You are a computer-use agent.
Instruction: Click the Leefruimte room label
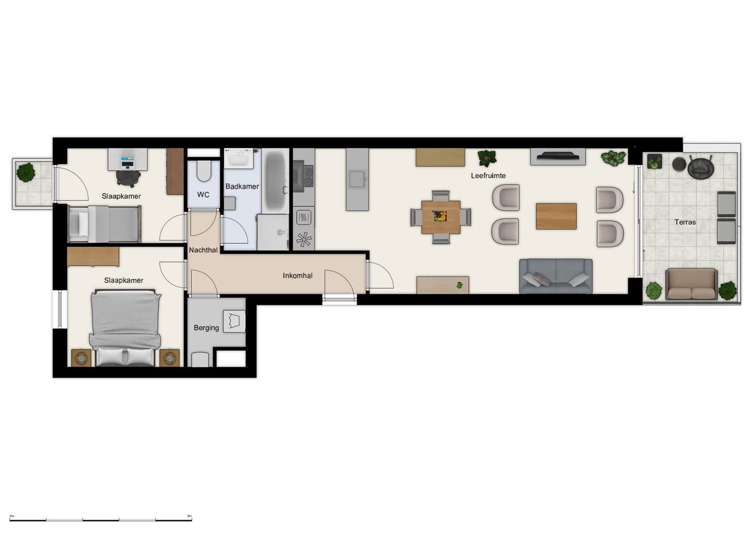click(488, 176)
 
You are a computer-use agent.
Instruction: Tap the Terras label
click(685, 222)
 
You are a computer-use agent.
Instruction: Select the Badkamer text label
click(242, 187)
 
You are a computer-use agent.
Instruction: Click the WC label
click(203, 195)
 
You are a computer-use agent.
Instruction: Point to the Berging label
click(206, 328)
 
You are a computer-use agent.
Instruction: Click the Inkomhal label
click(297, 275)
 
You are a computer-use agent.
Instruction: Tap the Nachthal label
click(203, 250)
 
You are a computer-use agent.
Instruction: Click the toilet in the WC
click(204, 171)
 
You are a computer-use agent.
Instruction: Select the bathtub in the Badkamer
click(275, 181)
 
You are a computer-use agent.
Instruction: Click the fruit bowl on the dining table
click(440, 216)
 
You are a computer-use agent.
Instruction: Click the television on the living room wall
click(558, 156)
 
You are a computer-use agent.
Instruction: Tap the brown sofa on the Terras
click(691, 284)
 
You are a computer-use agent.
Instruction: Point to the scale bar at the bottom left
click(101, 519)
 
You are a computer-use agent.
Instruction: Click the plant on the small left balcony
click(26, 172)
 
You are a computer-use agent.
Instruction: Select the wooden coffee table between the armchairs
click(556, 216)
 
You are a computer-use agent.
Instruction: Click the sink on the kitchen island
click(357, 179)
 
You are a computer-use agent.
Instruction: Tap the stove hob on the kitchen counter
click(304, 176)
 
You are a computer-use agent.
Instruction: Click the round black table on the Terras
click(679, 164)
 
